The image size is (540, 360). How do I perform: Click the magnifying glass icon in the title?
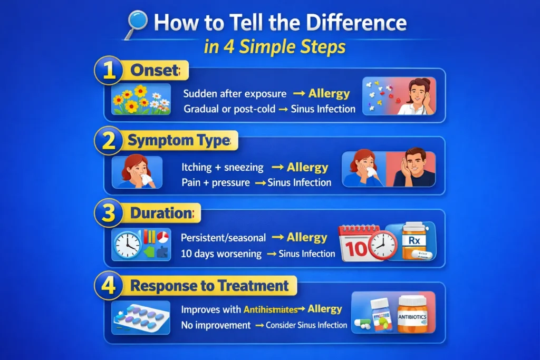click(x=137, y=25)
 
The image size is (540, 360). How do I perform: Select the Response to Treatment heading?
click(x=209, y=286)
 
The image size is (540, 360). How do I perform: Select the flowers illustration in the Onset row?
click(x=141, y=99)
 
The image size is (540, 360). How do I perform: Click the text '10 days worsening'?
click(x=221, y=254)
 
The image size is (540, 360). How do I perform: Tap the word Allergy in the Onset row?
click(x=329, y=94)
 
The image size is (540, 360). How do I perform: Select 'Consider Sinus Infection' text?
click(x=306, y=325)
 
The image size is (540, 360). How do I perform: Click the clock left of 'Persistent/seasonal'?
click(x=127, y=245)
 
